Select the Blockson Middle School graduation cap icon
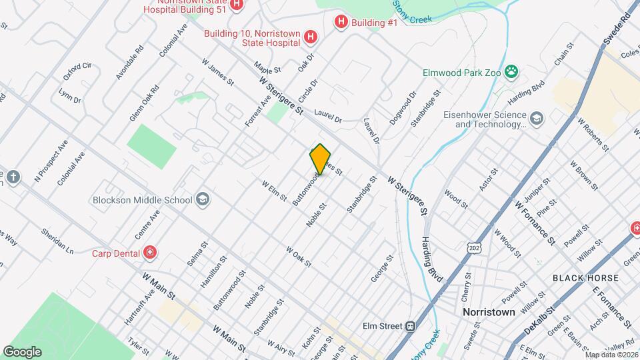202,199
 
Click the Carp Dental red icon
151,253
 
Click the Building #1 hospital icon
341,23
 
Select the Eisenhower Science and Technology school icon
537,119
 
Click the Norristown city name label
489,312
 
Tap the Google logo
22,351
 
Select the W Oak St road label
299,257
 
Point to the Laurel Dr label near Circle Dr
327,117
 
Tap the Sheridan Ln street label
58,241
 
